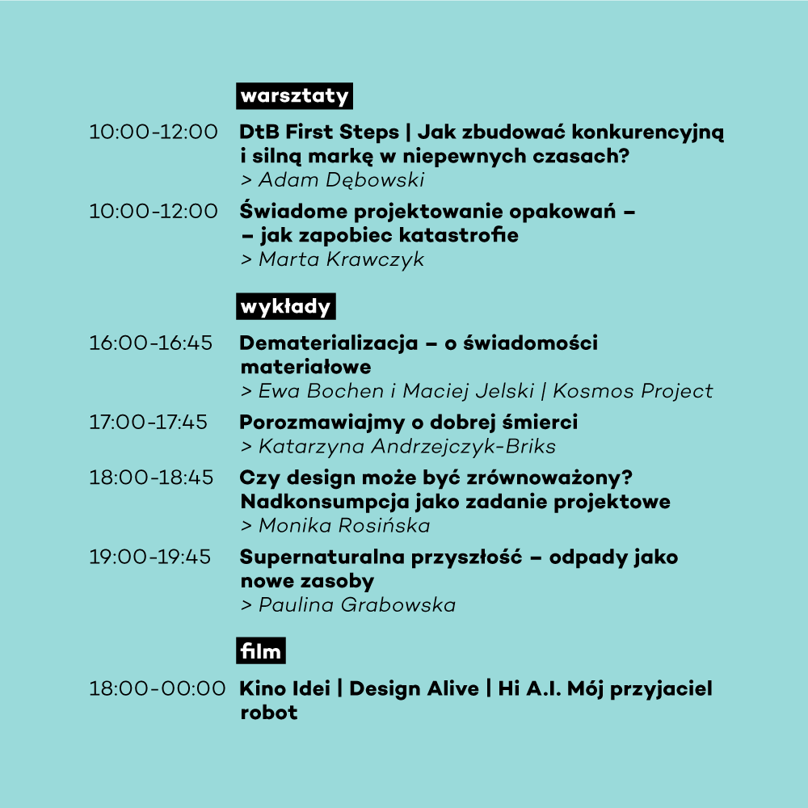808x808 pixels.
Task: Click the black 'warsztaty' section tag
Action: click(x=294, y=96)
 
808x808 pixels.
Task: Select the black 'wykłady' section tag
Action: click(x=285, y=306)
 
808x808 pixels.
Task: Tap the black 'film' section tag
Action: click(x=261, y=650)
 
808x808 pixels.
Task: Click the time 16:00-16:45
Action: click(x=150, y=343)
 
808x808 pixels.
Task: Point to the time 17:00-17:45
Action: click(x=149, y=423)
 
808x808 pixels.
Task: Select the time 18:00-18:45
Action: click(x=151, y=478)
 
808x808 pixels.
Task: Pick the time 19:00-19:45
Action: click(x=150, y=557)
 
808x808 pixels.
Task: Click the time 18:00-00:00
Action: click(x=158, y=689)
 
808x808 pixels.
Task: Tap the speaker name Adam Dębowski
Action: click(x=341, y=180)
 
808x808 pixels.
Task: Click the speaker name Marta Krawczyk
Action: click(x=341, y=259)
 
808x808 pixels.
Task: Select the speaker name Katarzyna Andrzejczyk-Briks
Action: click(x=407, y=446)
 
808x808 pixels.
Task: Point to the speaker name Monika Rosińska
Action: click(x=344, y=526)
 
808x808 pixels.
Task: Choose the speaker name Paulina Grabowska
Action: click(x=357, y=605)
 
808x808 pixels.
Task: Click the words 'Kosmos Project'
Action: click(x=633, y=391)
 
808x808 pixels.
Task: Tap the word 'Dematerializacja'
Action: click(x=329, y=343)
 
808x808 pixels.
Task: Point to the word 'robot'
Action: click(x=269, y=713)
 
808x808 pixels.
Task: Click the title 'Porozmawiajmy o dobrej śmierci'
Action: click(x=409, y=423)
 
